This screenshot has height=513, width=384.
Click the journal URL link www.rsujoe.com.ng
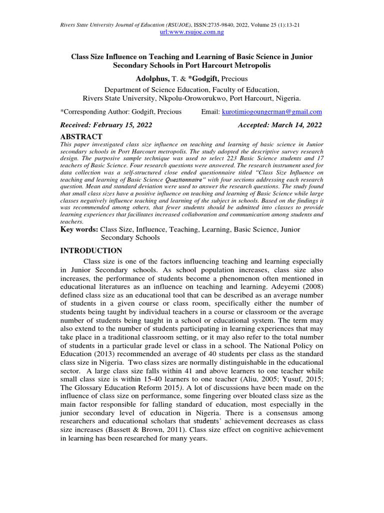191,32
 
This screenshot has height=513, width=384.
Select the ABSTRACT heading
81,136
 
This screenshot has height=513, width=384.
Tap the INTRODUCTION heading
91,250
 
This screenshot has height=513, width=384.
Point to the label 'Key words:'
79,229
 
